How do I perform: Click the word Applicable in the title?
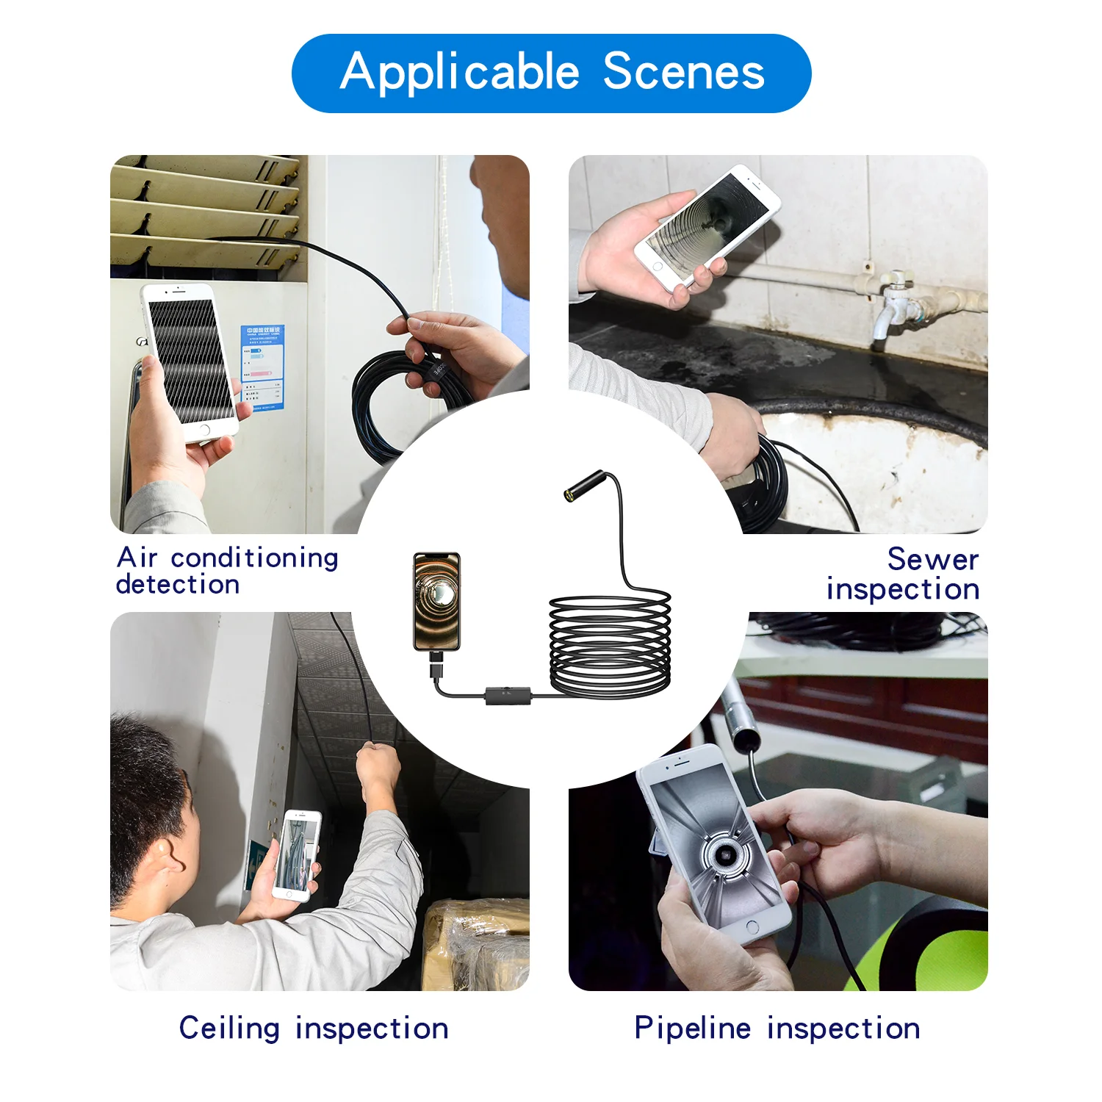[x=460, y=73]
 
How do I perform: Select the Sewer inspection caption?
[x=904, y=574]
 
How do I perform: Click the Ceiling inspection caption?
[x=314, y=1028]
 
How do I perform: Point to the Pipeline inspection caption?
[x=777, y=1028]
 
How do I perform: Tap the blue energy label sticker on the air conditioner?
[x=262, y=368]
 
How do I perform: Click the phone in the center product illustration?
[x=436, y=601]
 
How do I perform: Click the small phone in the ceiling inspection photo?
[x=298, y=855]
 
